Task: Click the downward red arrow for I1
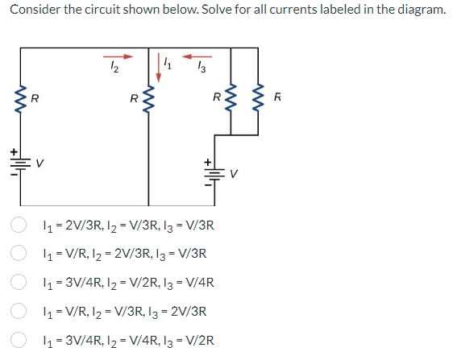[159, 67]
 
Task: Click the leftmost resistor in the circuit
[19, 99]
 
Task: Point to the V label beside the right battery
[235, 172]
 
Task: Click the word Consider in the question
[33, 9]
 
